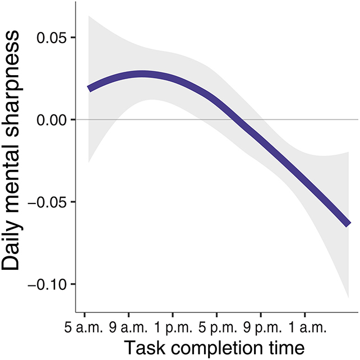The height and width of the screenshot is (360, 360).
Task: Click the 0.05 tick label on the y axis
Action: [x=51, y=38]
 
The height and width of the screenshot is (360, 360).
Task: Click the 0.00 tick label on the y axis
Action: [x=51, y=120]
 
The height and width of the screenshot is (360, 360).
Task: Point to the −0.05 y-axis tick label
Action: [x=47, y=202]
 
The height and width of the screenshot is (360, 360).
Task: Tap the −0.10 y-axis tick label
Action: [x=47, y=284]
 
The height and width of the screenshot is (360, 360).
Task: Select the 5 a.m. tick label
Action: [x=85, y=326]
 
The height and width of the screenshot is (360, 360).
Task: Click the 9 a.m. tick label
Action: [x=128, y=326]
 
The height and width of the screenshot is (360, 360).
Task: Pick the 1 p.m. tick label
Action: [x=172, y=326]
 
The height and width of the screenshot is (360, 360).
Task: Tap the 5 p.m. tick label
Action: [x=216, y=326]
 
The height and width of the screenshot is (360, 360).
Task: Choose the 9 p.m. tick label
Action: [x=260, y=326]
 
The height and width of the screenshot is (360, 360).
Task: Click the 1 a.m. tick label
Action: [x=304, y=326]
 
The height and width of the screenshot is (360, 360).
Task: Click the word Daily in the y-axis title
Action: [x=17, y=244]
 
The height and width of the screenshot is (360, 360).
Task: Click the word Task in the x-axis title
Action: [x=141, y=348]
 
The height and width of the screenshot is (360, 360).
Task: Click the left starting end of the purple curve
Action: [x=90, y=88]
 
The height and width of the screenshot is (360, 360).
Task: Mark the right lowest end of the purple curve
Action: [x=348, y=224]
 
